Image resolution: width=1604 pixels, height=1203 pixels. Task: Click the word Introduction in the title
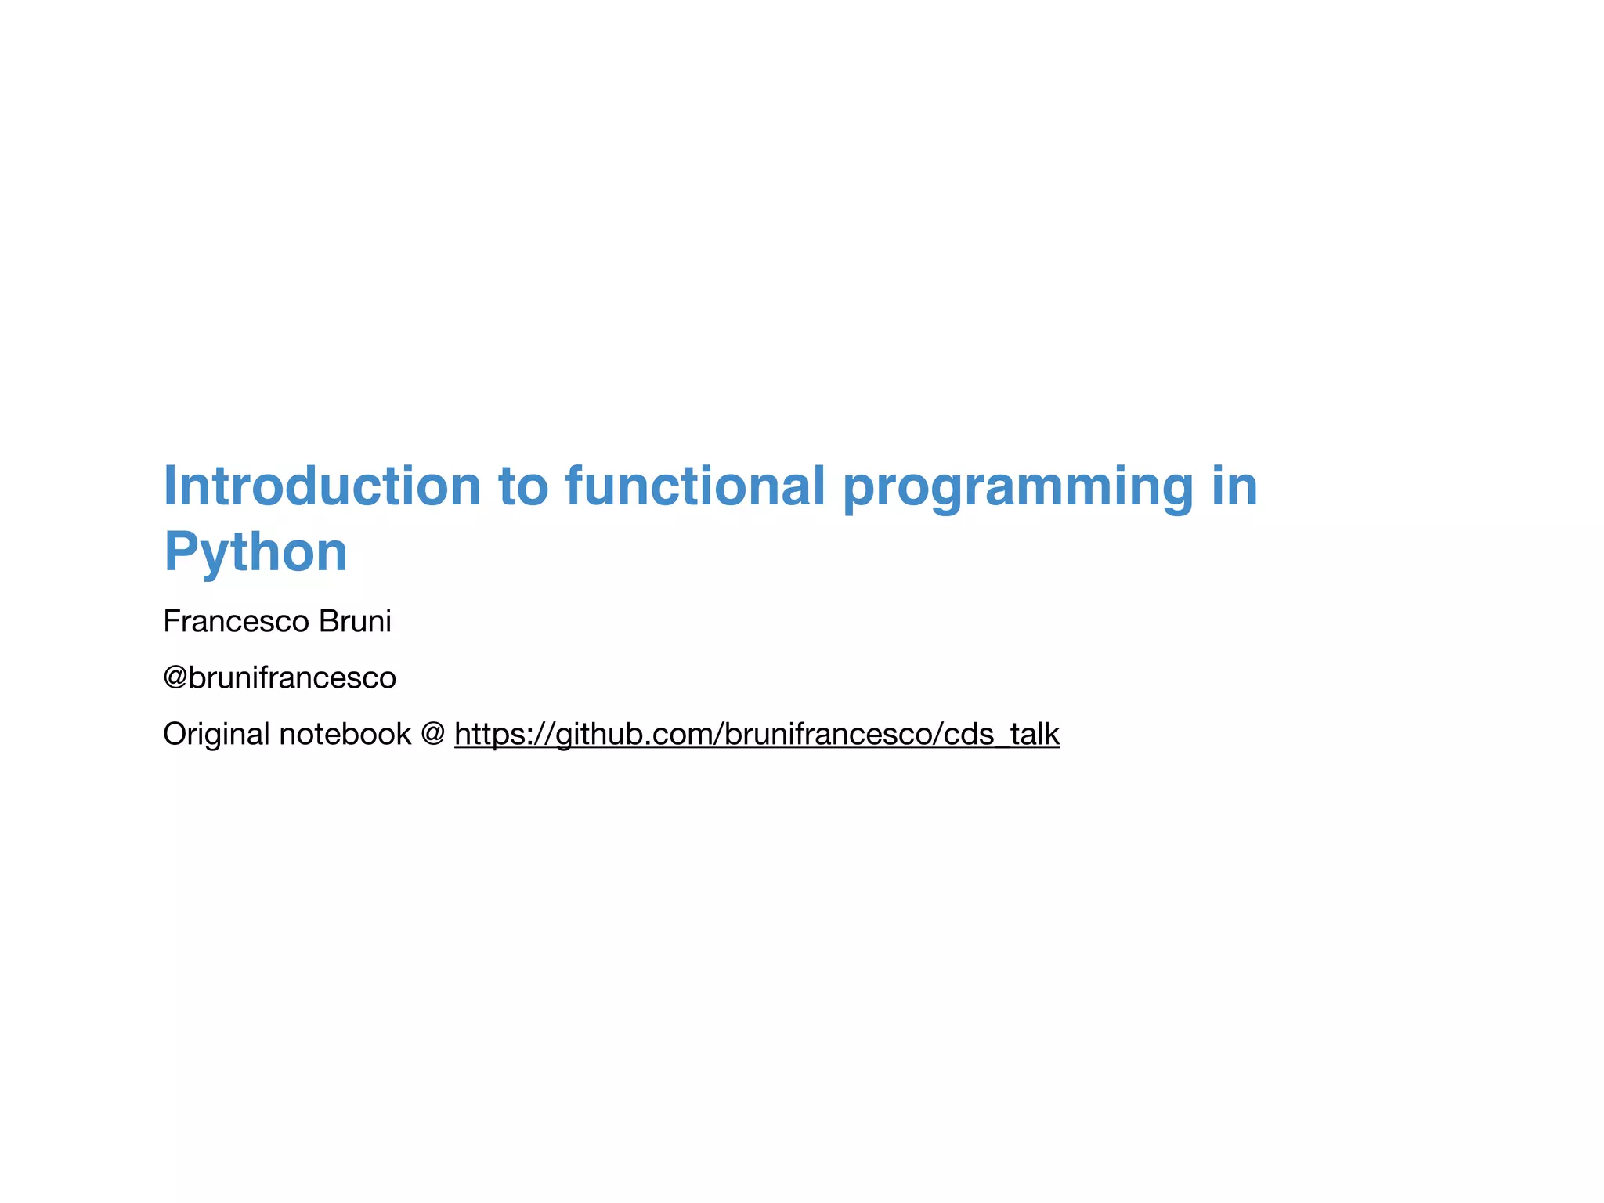[322, 486]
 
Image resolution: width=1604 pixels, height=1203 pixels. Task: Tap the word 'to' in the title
[523, 486]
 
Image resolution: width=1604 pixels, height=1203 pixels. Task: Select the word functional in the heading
[695, 486]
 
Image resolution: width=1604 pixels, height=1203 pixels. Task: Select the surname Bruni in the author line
[355, 622]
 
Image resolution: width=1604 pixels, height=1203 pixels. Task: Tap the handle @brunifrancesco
[280, 678]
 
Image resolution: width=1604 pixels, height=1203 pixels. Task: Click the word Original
[216, 735]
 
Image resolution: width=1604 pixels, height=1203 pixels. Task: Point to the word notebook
[345, 735]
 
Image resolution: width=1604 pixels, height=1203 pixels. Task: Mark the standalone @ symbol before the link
[433, 734]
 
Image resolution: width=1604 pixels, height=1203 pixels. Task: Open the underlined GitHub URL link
[757, 735]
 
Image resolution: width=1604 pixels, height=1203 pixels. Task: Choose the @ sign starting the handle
[175, 678]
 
